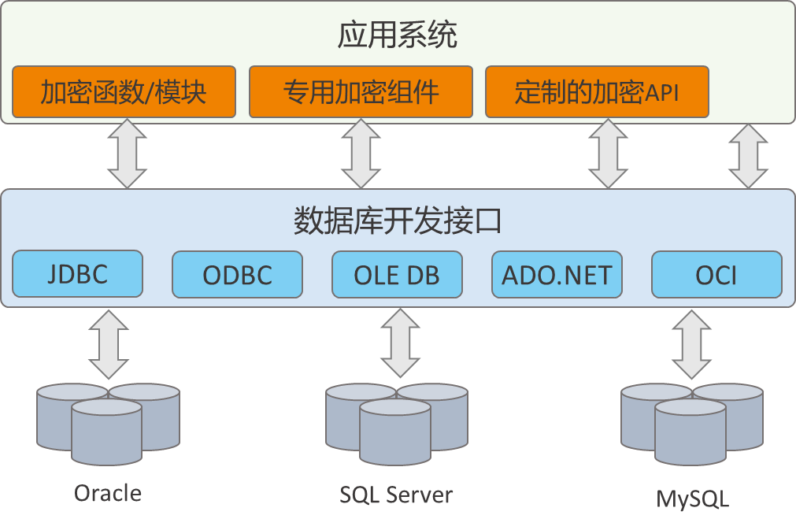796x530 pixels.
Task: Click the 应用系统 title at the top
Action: [398, 35]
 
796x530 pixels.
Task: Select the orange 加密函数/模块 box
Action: [124, 92]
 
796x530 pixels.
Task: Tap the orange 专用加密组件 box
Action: [361, 92]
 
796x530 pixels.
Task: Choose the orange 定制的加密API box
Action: [597, 92]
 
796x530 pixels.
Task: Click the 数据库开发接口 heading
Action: [398, 221]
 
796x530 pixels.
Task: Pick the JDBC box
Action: [78, 273]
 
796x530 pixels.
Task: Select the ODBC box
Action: [238, 275]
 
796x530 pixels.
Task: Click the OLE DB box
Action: [397, 275]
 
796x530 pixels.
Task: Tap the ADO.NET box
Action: [557, 275]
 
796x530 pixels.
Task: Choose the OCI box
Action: [716, 275]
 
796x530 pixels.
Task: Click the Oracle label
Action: [108, 493]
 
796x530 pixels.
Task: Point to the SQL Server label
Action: [396, 495]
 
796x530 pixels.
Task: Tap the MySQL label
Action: [692, 499]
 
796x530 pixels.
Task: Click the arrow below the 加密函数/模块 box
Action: [128, 154]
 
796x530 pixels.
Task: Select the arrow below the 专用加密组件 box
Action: [361, 154]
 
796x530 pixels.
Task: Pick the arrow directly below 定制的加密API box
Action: [608, 154]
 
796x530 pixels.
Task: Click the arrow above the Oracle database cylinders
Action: [109, 345]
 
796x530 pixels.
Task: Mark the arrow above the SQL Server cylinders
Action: [401, 343]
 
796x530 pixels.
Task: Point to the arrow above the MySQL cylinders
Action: [691, 345]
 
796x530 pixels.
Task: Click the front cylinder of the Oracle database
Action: [106, 432]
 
